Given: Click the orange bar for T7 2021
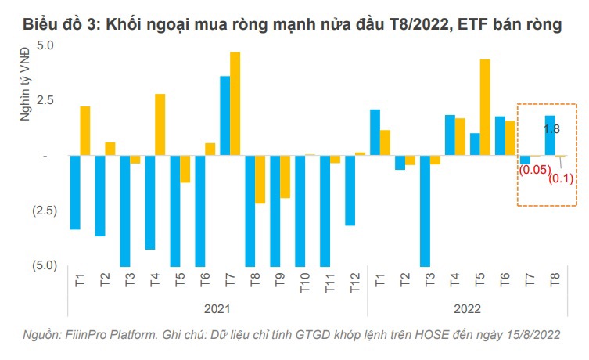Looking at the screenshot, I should coord(235,104).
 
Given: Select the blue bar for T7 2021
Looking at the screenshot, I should coord(224,116).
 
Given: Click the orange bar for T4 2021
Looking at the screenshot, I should coord(160,125).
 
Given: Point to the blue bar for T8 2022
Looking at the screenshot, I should coord(550,136).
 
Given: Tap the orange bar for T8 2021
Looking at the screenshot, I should coord(260,179).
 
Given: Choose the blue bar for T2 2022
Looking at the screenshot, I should coord(400,163).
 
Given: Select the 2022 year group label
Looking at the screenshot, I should coord(467,308).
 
